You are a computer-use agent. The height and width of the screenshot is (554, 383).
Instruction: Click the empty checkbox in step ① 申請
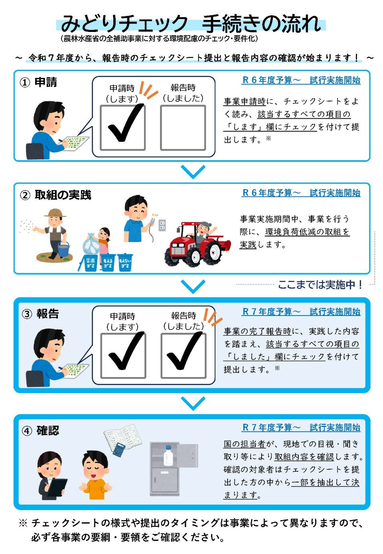pyautogui.click(x=183, y=128)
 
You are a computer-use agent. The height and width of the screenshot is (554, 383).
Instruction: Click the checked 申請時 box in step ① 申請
pyautogui.click(x=122, y=128)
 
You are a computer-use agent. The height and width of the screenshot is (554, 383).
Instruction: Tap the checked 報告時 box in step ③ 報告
pyautogui.click(x=183, y=355)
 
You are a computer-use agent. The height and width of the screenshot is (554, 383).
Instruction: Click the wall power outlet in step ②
pyautogui.click(x=162, y=225)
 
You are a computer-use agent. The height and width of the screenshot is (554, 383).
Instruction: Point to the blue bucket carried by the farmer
pyautogui.click(x=63, y=250)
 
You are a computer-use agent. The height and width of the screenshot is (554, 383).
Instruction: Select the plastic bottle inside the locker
pyautogui.click(x=168, y=456)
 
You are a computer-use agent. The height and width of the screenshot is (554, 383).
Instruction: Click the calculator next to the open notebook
pyautogui.click(x=119, y=449)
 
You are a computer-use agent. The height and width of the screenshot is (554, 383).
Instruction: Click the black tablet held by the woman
pyautogui.click(x=57, y=487)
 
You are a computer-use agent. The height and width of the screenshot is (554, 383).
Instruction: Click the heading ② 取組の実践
pyautogui.click(x=56, y=195)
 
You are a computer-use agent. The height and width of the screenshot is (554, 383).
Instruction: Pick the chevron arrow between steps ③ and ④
pyautogui.click(x=193, y=403)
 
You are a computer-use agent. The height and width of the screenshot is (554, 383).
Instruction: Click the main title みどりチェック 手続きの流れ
pyautogui.click(x=191, y=23)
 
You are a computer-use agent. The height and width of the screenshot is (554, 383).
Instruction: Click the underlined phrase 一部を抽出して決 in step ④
pyautogui.click(x=325, y=483)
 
